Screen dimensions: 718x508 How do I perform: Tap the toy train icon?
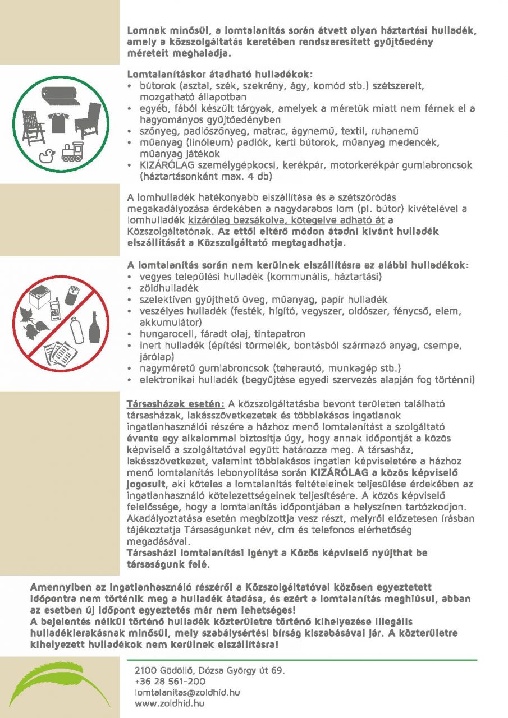pos(72,153)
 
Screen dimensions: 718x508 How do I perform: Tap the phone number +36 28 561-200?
pos(170,681)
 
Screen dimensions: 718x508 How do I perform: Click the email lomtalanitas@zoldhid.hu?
pos(187,692)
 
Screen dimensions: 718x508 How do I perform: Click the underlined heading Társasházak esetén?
pos(175,403)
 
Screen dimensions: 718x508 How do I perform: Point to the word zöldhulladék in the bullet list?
pos(165,288)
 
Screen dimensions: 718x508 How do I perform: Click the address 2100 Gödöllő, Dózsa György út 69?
pos(209,670)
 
